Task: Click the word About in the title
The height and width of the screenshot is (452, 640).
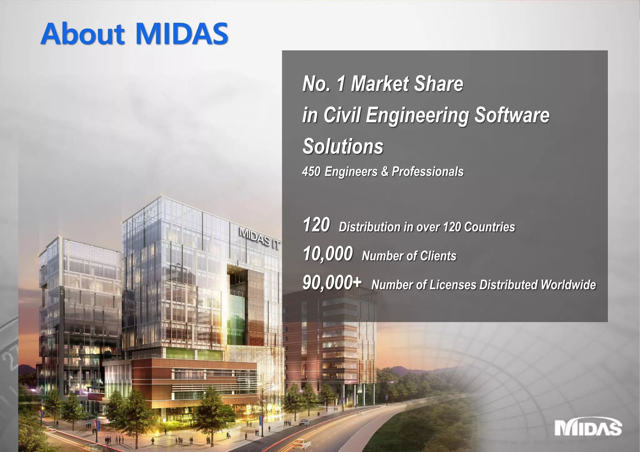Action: pyautogui.click(x=83, y=34)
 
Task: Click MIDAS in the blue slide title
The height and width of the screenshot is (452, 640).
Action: pyautogui.click(x=182, y=34)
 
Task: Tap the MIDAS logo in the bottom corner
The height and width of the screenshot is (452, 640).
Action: pyautogui.click(x=588, y=428)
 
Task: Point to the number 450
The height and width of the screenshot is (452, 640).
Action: pyautogui.click(x=311, y=172)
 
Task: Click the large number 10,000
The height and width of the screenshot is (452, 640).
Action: pyautogui.click(x=328, y=253)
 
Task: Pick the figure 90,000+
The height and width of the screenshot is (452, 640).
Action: pyautogui.click(x=332, y=283)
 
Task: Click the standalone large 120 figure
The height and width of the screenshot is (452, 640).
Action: pyautogui.click(x=316, y=225)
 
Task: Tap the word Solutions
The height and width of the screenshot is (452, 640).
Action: pyautogui.click(x=343, y=147)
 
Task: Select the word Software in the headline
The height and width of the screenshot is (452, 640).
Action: pyautogui.click(x=512, y=115)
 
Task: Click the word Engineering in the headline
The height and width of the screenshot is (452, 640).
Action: pyautogui.click(x=417, y=115)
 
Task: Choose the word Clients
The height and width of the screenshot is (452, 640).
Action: pyautogui.click(x=438, y=256)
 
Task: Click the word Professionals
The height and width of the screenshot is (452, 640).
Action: pyautogui.click(x=427, y=172)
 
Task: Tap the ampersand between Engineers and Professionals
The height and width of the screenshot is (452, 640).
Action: pyautogui.click(x=385, y=172)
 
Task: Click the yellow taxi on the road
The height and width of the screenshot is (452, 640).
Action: pyautogui.click(x=302, y=443)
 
